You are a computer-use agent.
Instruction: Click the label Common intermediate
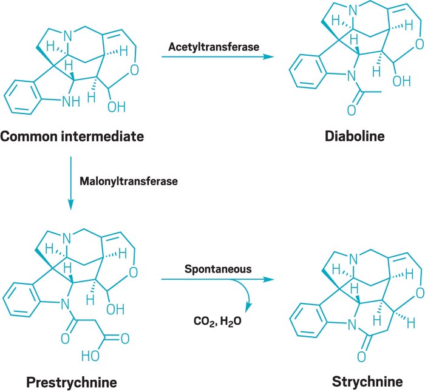pyautogui.click(x=72, y=137)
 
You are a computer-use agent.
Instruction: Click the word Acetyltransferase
pyautogui.click(x=206, y=45)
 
